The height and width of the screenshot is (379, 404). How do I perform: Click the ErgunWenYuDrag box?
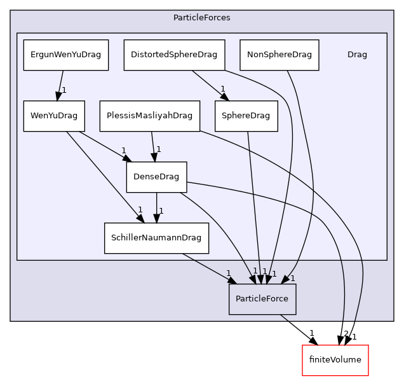[x=66, y=55]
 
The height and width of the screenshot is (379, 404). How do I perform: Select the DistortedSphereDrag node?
[x=174, y=55]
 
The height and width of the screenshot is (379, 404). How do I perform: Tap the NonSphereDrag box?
[x=279, y=55]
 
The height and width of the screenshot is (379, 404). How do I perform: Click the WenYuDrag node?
[x=54, y=116]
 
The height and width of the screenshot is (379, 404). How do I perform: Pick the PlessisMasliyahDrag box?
[x=150, y=116]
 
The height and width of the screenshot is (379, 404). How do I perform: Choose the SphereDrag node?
[x=246, y=116]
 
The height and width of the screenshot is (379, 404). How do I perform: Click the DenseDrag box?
[x=156, y=177]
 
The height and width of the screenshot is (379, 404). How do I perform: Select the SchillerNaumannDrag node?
[x=156, y=238]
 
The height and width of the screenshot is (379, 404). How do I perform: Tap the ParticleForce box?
[x=262, y=299]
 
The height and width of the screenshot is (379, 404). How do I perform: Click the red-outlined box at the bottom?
[x=335, y=361]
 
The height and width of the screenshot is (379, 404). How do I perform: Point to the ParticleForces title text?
[x=201, y=17]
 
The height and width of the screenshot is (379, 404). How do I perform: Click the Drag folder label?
[x=357, y=55]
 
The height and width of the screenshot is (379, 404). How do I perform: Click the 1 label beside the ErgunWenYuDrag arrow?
[x=64, y=90]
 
